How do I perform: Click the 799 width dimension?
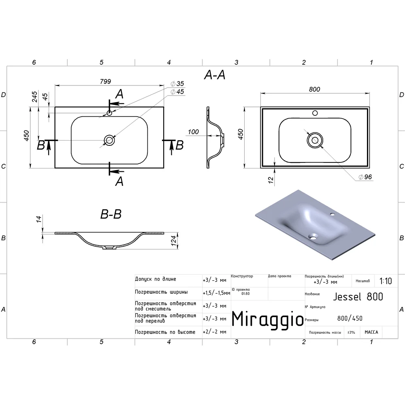[105, 82]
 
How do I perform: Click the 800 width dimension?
[314, 90]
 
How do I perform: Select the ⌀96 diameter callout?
[365, 177]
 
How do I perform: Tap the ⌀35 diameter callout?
[177, 84]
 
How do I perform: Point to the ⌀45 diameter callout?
[177, 92]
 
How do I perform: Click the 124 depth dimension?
[174, 241]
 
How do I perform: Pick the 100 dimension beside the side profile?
[193, 132]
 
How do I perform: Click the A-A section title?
[215, 75]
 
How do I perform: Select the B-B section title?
[111, 214]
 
